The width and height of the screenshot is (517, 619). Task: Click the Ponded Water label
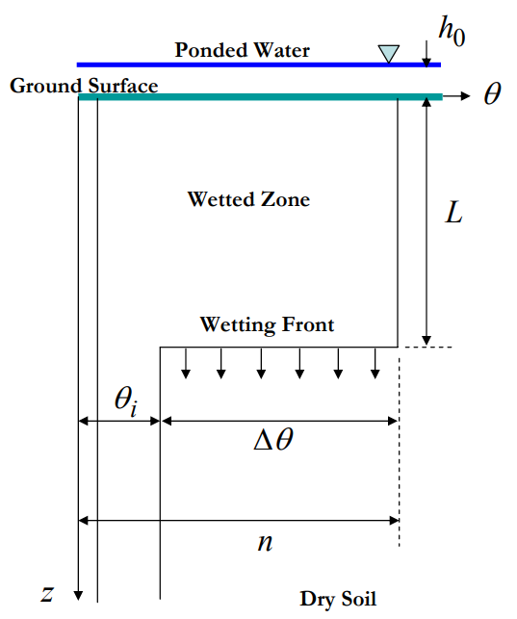[x=242, y=50]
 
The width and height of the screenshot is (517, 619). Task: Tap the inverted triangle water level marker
[x=388, y=53]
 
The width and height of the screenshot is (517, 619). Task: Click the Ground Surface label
[x=84, y=86]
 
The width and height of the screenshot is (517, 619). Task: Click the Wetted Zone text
[x=248, y=199]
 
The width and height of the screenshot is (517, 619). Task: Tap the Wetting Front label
[x=267, y=324]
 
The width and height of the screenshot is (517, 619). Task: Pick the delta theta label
[x=274, y=442]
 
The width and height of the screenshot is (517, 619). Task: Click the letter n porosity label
[x=265, y=542]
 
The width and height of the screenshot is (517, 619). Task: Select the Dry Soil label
[x=332, y=598]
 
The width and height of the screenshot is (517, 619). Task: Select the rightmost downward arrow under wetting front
[x=375, y=364]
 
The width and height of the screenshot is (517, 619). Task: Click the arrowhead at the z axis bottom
[x=78, y=594]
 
